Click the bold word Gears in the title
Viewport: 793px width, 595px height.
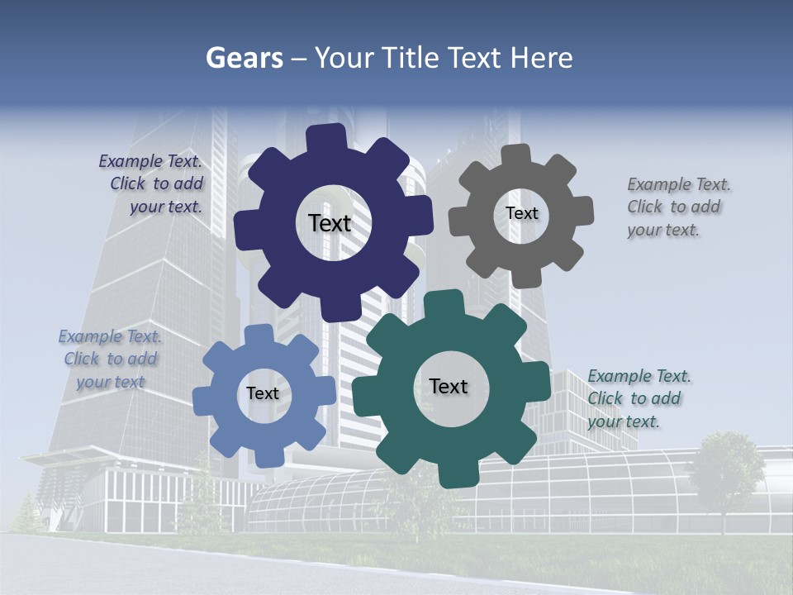(x=245, y=58)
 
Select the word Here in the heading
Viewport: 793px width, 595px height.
(x=542, y=58)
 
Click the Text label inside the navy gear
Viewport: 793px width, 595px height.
(x=330, y=223)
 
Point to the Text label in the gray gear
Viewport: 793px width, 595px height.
(x=521, y=213)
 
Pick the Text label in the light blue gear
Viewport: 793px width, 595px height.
(x=263, y=394)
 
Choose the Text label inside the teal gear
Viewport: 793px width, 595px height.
(x=449, y=387)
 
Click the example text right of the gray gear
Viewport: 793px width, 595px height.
(x=677, y=207)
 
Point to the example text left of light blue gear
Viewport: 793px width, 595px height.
(x=110, y=359)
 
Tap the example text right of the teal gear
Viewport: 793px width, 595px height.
(x=638, y=398)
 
